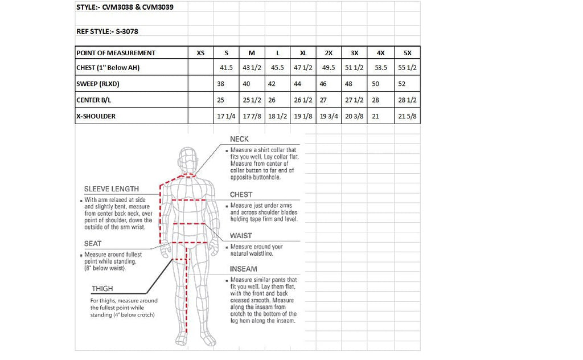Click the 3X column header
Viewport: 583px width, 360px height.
coord(355,53)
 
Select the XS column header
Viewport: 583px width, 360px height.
coord(200,53)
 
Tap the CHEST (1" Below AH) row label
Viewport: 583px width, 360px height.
coord(108,68)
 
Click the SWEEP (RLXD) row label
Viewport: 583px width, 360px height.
coord(97,84)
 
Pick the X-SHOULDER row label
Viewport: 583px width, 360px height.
coord(96,116)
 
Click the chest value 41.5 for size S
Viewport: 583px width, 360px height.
coord(226,68)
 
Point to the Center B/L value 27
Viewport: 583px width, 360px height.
coord(323,100)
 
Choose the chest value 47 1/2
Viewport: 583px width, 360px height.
coord(303,68)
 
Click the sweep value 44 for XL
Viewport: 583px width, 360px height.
coord(297,84)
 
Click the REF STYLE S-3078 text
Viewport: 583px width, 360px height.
coord(107,32)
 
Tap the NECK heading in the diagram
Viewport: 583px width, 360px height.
coord(239,139)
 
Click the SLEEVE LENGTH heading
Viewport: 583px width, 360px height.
coord(111,189)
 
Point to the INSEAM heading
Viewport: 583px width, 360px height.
coord(243,269)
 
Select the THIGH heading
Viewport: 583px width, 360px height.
coord(102,289)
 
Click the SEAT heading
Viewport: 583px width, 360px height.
coord(93,244)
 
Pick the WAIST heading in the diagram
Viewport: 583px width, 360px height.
coord(241,236)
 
